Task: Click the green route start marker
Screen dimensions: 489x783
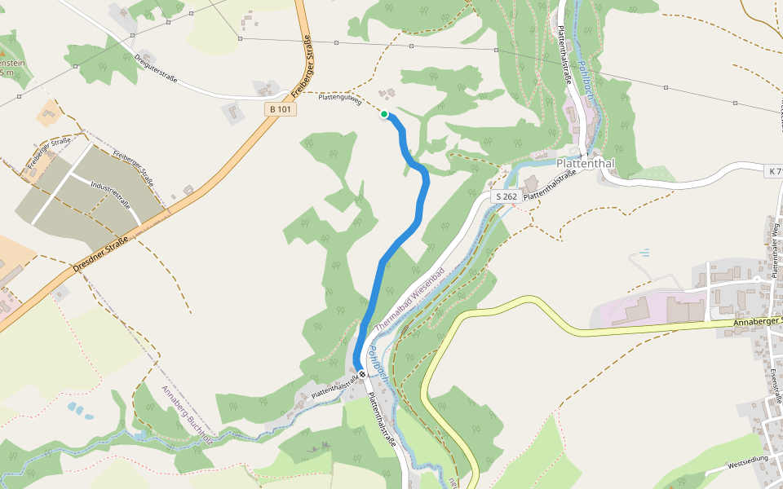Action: [383, 114]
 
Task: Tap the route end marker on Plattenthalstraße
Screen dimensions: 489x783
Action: [362, 375]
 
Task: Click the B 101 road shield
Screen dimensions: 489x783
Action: [279, 108]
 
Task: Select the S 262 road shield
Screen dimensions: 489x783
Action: [506, 196]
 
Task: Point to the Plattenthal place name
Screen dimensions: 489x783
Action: [584, 163]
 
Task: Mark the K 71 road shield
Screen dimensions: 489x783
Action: [774, 171]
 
